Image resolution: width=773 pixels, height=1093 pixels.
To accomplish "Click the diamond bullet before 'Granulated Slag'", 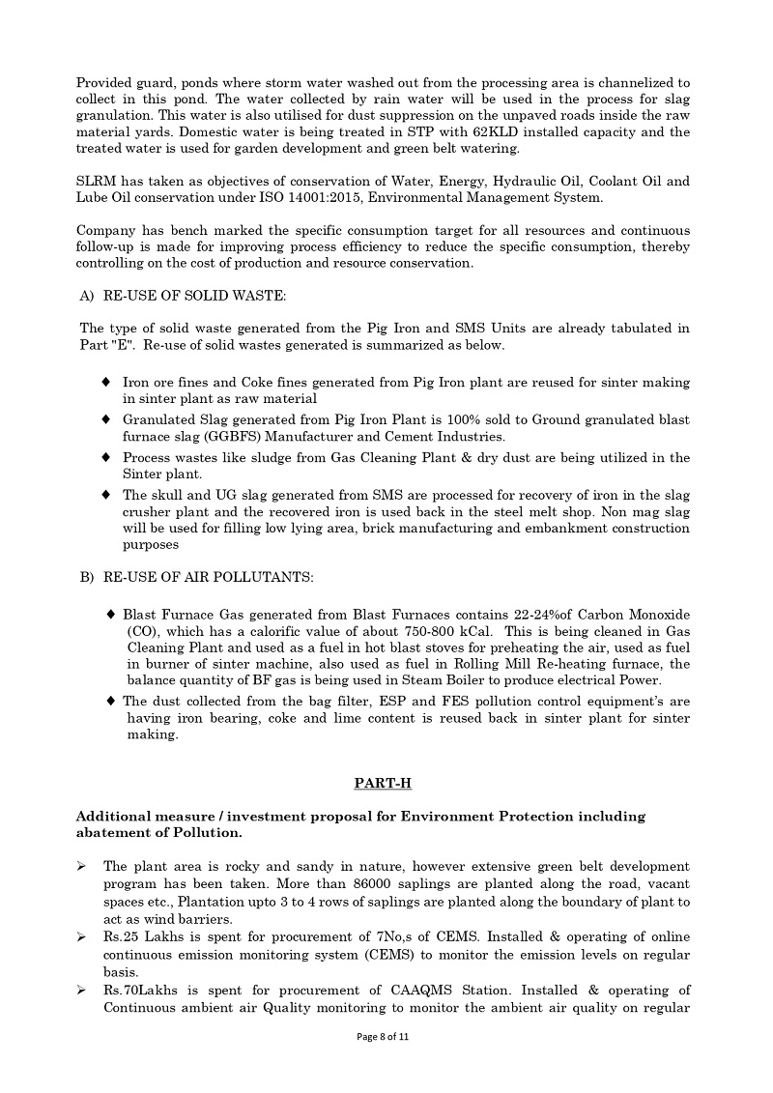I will click(106, 419).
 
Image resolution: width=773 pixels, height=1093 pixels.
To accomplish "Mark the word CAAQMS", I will click(428, 990).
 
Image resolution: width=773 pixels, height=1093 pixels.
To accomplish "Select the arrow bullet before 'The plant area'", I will click(82, 867).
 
